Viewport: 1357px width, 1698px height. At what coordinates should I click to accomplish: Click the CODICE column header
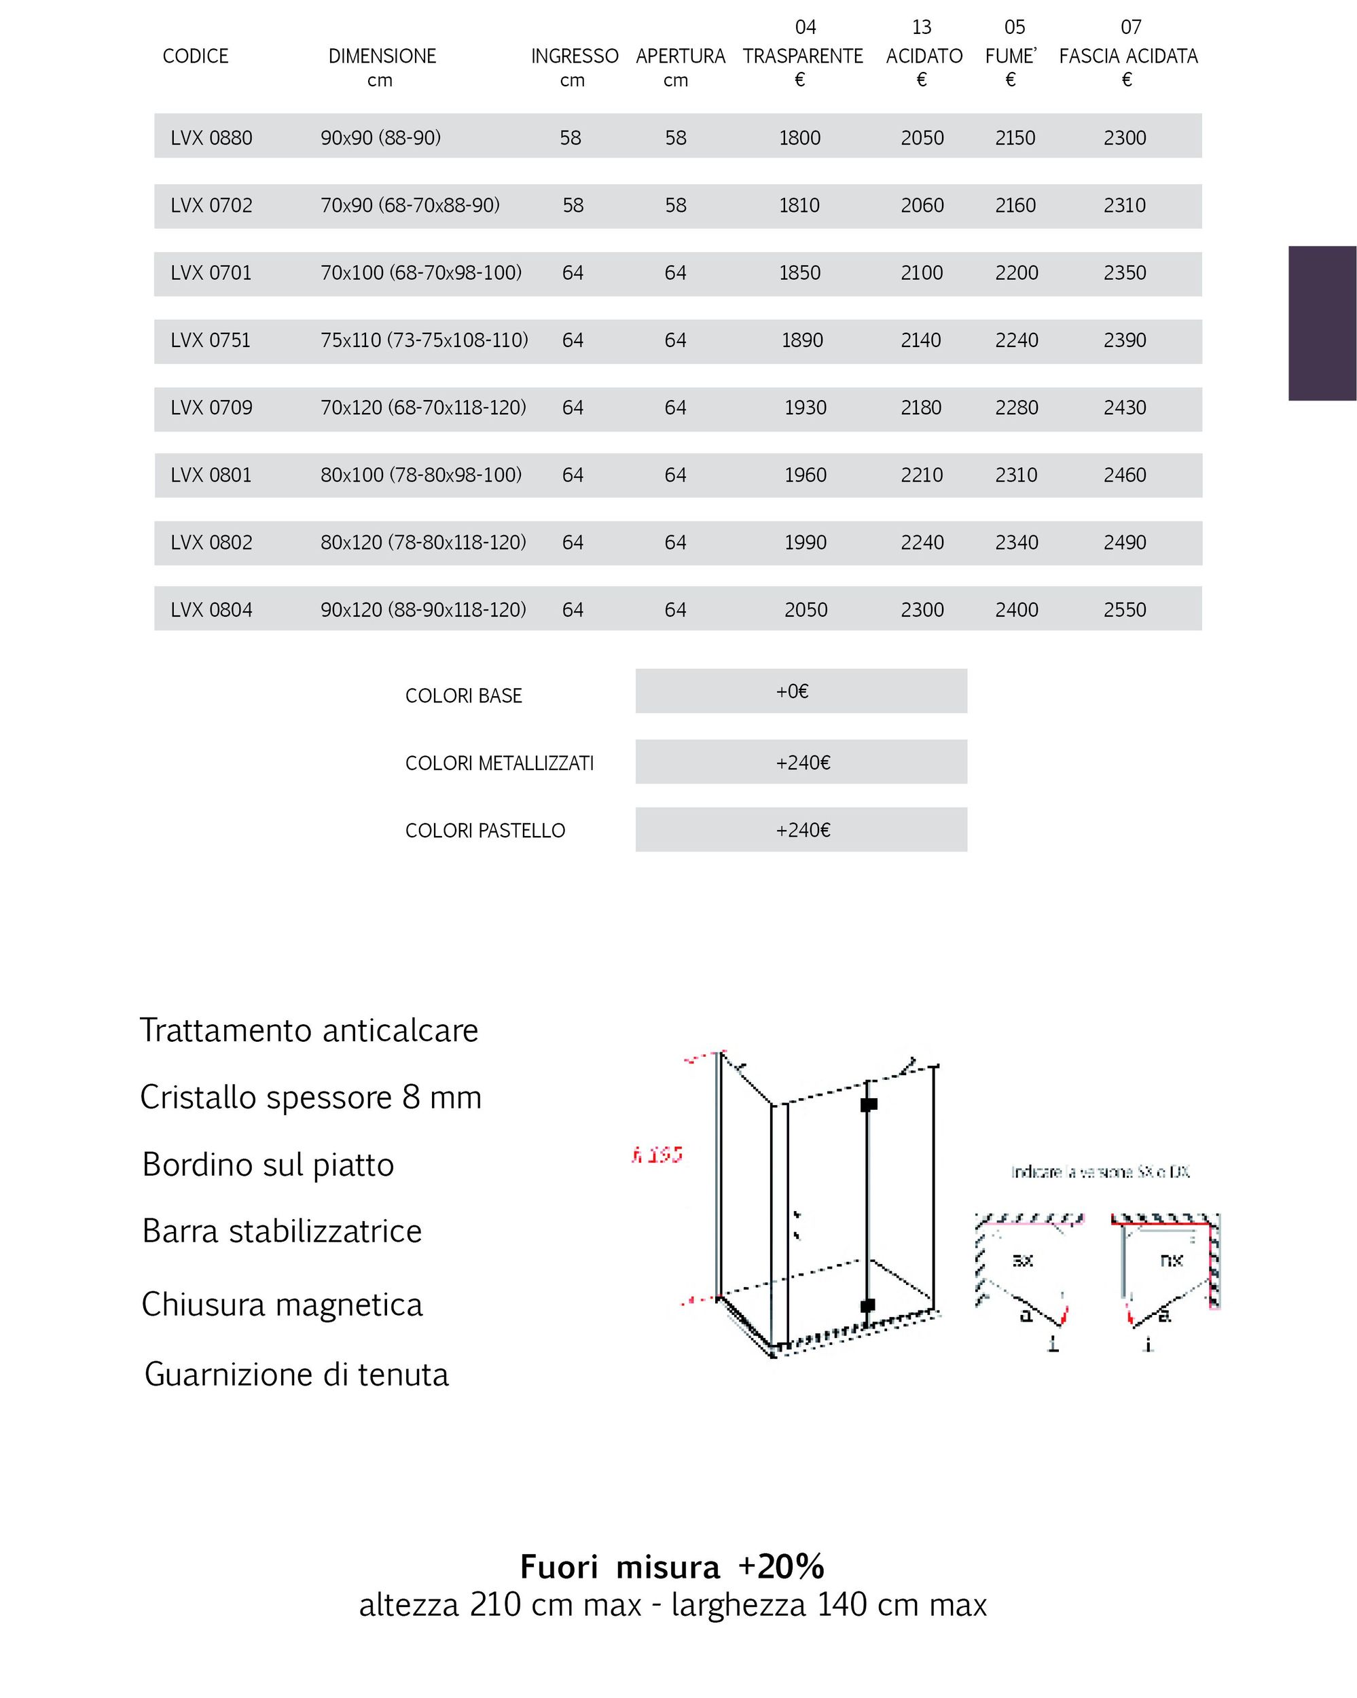point(196,56)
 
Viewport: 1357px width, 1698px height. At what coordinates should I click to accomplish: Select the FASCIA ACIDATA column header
point(1128,56)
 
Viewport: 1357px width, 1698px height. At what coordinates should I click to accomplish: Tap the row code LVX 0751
point(211,340)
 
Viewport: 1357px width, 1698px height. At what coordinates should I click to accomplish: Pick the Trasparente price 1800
point(799,138)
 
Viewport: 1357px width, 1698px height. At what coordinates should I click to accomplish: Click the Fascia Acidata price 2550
point(1125,609)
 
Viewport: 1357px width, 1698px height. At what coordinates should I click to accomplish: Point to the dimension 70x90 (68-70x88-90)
point(410,206)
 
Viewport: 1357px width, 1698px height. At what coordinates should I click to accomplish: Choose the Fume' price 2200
point(1016,273)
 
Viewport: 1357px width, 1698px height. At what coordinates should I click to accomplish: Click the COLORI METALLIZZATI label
point(499,763)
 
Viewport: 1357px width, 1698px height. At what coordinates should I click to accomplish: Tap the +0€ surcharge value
point(793,691)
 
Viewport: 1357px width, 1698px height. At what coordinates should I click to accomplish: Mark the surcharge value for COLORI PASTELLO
point(803,830)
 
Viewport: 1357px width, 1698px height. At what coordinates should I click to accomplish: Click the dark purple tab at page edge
point(1322,323)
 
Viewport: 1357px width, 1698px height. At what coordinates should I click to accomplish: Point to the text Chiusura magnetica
point(282,1305)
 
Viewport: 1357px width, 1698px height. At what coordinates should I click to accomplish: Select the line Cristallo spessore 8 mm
point(310,1097)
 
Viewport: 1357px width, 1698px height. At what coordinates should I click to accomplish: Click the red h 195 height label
point(657,1155)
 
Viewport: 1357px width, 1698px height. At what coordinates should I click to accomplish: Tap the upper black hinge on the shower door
point(868,1104)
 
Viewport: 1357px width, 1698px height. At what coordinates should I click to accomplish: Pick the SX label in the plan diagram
point(1021,1260)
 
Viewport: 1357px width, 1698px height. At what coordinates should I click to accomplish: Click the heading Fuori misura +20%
point(672,1566)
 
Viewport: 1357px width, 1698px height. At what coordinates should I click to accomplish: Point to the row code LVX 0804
point(211,609)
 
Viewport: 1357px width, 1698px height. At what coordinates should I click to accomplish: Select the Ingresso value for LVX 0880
point(571,138)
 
